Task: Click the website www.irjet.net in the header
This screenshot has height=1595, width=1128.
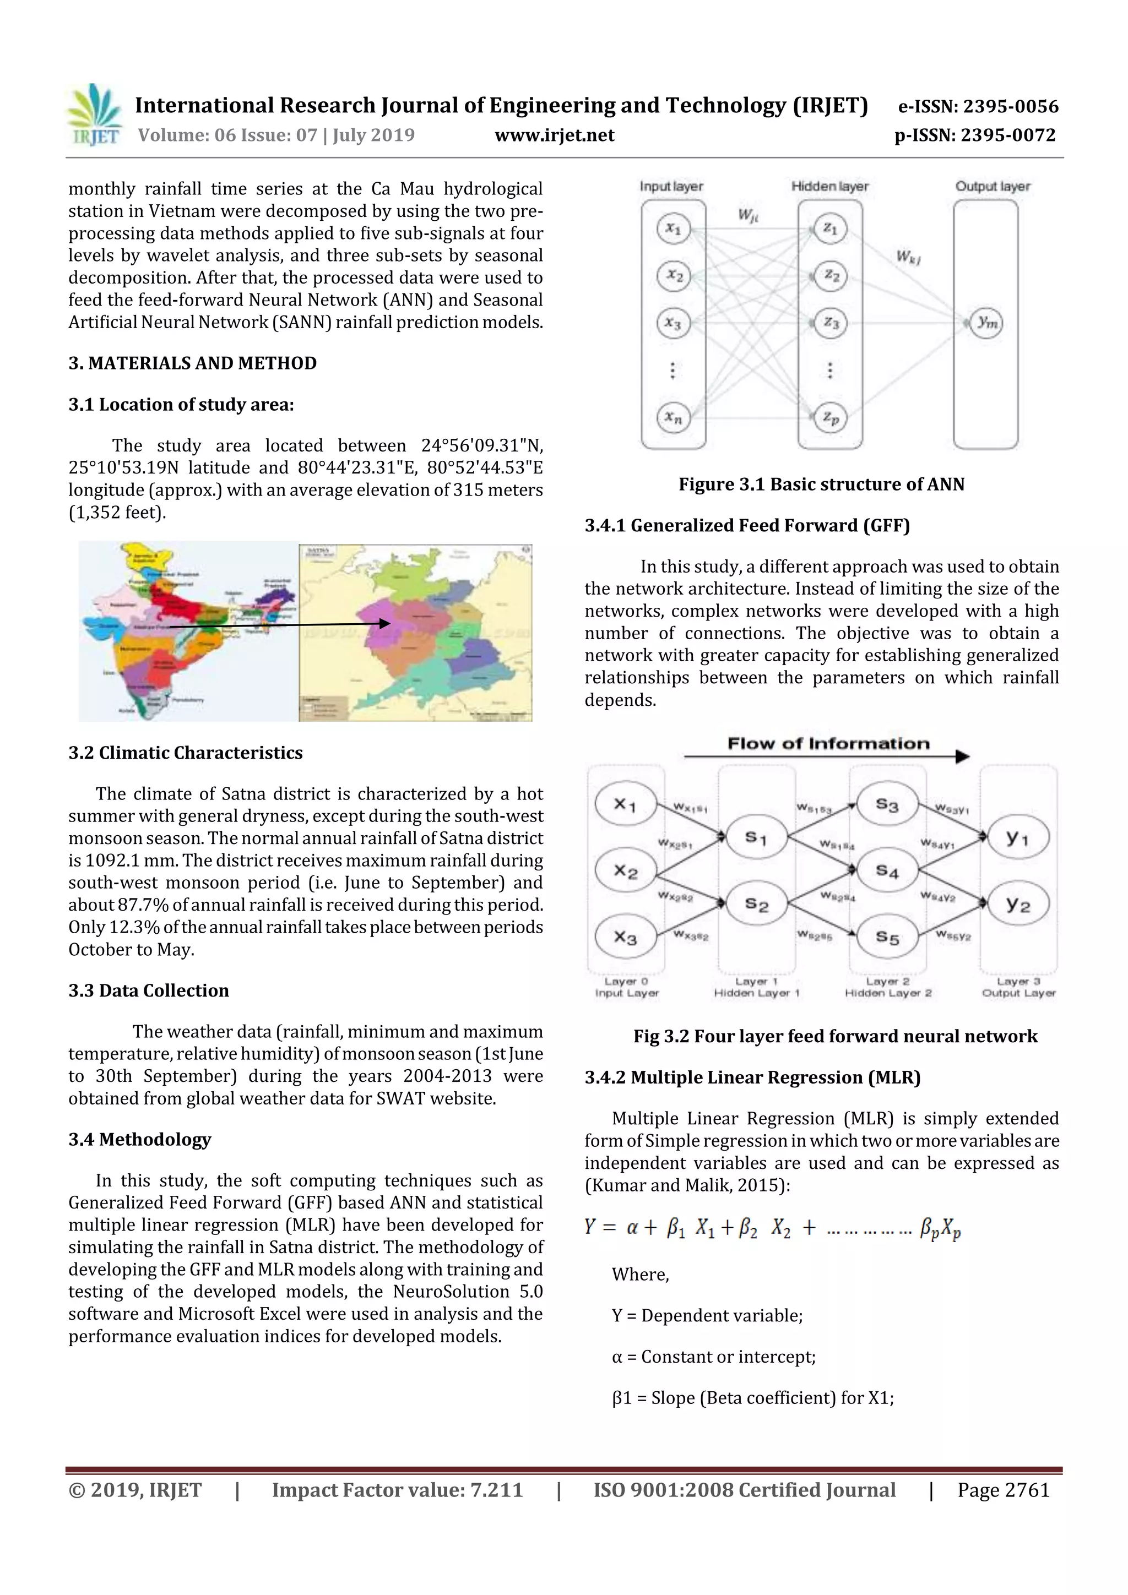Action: [554, 135]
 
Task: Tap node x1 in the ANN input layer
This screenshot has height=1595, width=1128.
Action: [673, 228]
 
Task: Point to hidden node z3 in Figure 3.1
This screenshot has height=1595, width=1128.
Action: [831, 324]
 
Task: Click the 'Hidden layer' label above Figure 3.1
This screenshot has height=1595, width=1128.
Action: [830, 186]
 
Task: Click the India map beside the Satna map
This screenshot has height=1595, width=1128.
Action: [188, 631]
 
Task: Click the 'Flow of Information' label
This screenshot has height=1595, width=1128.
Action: [828, 744]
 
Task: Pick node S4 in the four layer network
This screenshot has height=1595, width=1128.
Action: [887, 870]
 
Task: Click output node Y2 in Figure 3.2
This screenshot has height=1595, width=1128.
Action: [1017, 905]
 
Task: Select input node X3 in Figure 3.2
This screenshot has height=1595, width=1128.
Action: [625, 938]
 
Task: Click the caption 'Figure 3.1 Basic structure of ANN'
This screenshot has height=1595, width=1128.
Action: [822, 484]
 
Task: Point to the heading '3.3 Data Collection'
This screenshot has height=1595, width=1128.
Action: [149, 990]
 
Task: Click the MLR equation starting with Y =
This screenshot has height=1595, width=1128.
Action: [772, 1228]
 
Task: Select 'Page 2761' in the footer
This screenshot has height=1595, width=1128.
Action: [1003, 1490]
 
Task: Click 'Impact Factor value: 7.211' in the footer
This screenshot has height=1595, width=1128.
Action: [397, 1490]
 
